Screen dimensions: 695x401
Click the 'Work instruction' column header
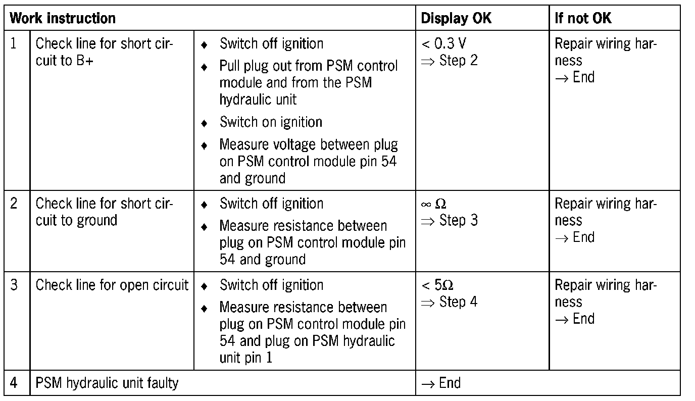63,19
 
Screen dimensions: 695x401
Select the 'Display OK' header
456,19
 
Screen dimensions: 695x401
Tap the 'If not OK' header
583,19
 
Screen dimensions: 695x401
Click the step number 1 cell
15,43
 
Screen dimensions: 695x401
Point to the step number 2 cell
14,204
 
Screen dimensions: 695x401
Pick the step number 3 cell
14,285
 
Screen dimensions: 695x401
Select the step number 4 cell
14,383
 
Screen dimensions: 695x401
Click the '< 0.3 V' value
443,43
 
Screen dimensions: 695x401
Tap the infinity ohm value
433,204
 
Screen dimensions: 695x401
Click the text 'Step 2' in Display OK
458,61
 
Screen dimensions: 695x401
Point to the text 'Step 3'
458,221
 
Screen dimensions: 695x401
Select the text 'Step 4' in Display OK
458,302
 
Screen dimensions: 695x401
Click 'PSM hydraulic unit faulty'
107,383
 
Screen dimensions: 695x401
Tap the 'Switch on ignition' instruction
271,122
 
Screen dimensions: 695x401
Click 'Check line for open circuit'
112,285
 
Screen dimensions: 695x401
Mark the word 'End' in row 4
450,383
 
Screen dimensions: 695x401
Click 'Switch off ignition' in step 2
271,204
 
